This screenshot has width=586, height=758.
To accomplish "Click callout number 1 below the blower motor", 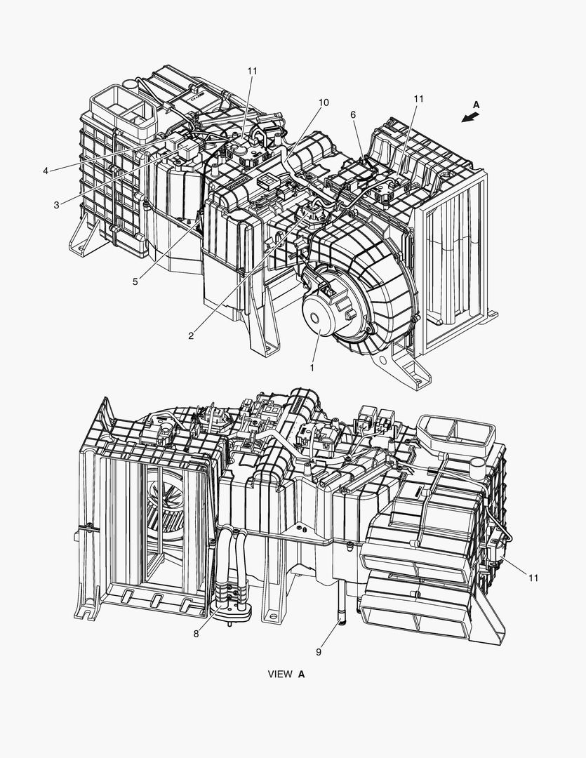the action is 312,368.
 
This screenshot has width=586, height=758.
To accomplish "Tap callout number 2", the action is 191,336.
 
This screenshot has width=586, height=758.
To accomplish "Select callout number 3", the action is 57,205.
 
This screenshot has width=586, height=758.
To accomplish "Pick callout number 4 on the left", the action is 46,171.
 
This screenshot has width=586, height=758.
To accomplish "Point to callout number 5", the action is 135,281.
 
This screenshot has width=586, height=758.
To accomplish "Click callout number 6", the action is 353,114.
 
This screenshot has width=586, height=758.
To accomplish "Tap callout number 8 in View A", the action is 196,634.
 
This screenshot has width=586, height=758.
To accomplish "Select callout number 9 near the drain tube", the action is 319,651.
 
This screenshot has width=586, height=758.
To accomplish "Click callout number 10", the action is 324,102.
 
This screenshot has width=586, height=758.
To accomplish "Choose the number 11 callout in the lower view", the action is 533,578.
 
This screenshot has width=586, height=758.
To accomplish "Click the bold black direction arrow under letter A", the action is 470,117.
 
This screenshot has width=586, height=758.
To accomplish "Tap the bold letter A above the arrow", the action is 476,105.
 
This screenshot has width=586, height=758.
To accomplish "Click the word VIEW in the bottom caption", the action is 280,674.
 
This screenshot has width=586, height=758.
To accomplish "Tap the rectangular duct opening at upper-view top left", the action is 124,107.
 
